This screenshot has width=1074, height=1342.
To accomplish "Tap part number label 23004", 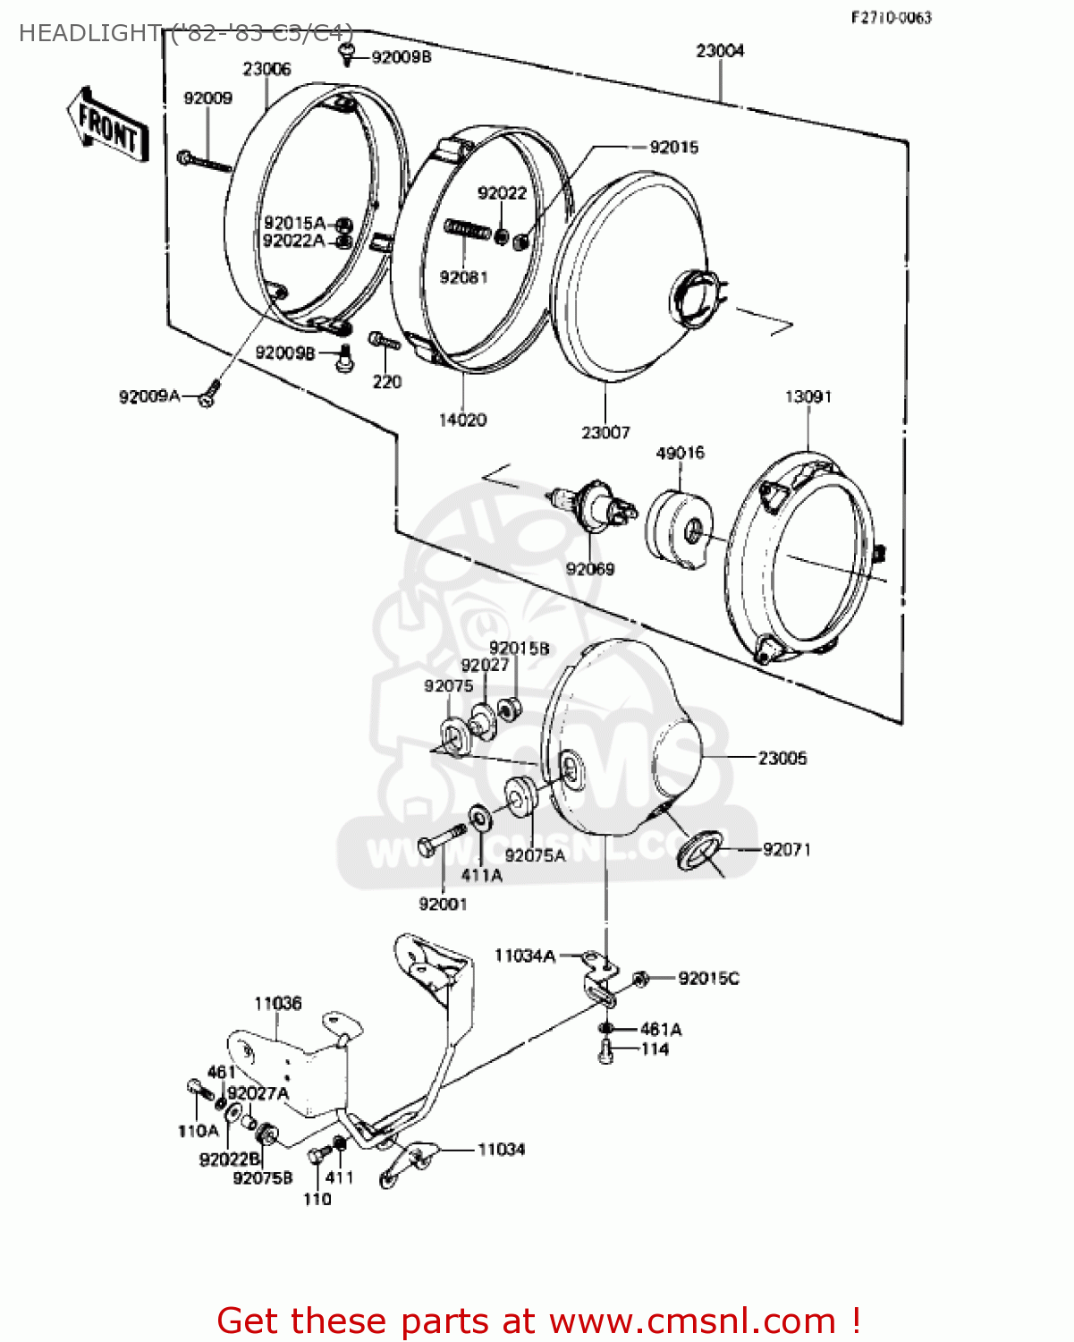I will click(x=720, y=51).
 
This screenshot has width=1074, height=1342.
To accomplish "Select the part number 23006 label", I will click(x=266, y=69).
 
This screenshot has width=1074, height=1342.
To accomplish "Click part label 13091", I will click(x=808, y=396).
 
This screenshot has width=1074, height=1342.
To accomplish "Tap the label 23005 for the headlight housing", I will click(x=782, y=758).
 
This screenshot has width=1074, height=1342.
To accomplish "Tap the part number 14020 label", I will click(x=462, y=420).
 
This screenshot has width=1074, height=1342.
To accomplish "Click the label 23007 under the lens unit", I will click(x=605, y=432).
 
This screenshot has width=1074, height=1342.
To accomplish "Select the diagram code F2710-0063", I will click(x=891, y=17).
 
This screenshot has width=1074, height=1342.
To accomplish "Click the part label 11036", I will click(x=277, y=1003).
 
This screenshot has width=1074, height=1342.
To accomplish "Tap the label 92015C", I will click(x=708, y=978).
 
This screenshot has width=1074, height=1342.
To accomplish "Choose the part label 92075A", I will click(x=535, y=855).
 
